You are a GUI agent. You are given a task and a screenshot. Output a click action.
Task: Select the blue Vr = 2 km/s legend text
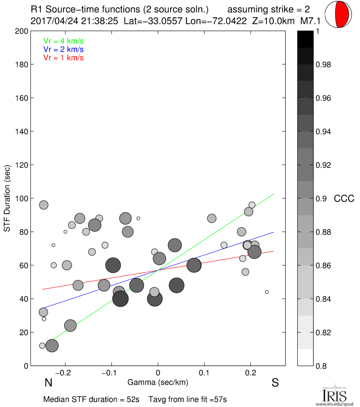63,50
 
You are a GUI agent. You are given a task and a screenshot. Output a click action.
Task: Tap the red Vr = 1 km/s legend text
63,58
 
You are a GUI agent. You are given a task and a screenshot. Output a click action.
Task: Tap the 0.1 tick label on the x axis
204,372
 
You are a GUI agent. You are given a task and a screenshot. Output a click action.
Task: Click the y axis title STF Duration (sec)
7,199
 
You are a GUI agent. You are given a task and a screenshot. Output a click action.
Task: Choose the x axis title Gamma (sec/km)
158,382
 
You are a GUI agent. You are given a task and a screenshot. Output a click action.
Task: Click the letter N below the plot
47,383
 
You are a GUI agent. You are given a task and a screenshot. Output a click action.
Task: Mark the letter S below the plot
275,383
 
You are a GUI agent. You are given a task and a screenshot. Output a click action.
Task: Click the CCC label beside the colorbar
344,199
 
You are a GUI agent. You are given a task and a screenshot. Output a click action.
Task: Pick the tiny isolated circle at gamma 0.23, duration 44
266,292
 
